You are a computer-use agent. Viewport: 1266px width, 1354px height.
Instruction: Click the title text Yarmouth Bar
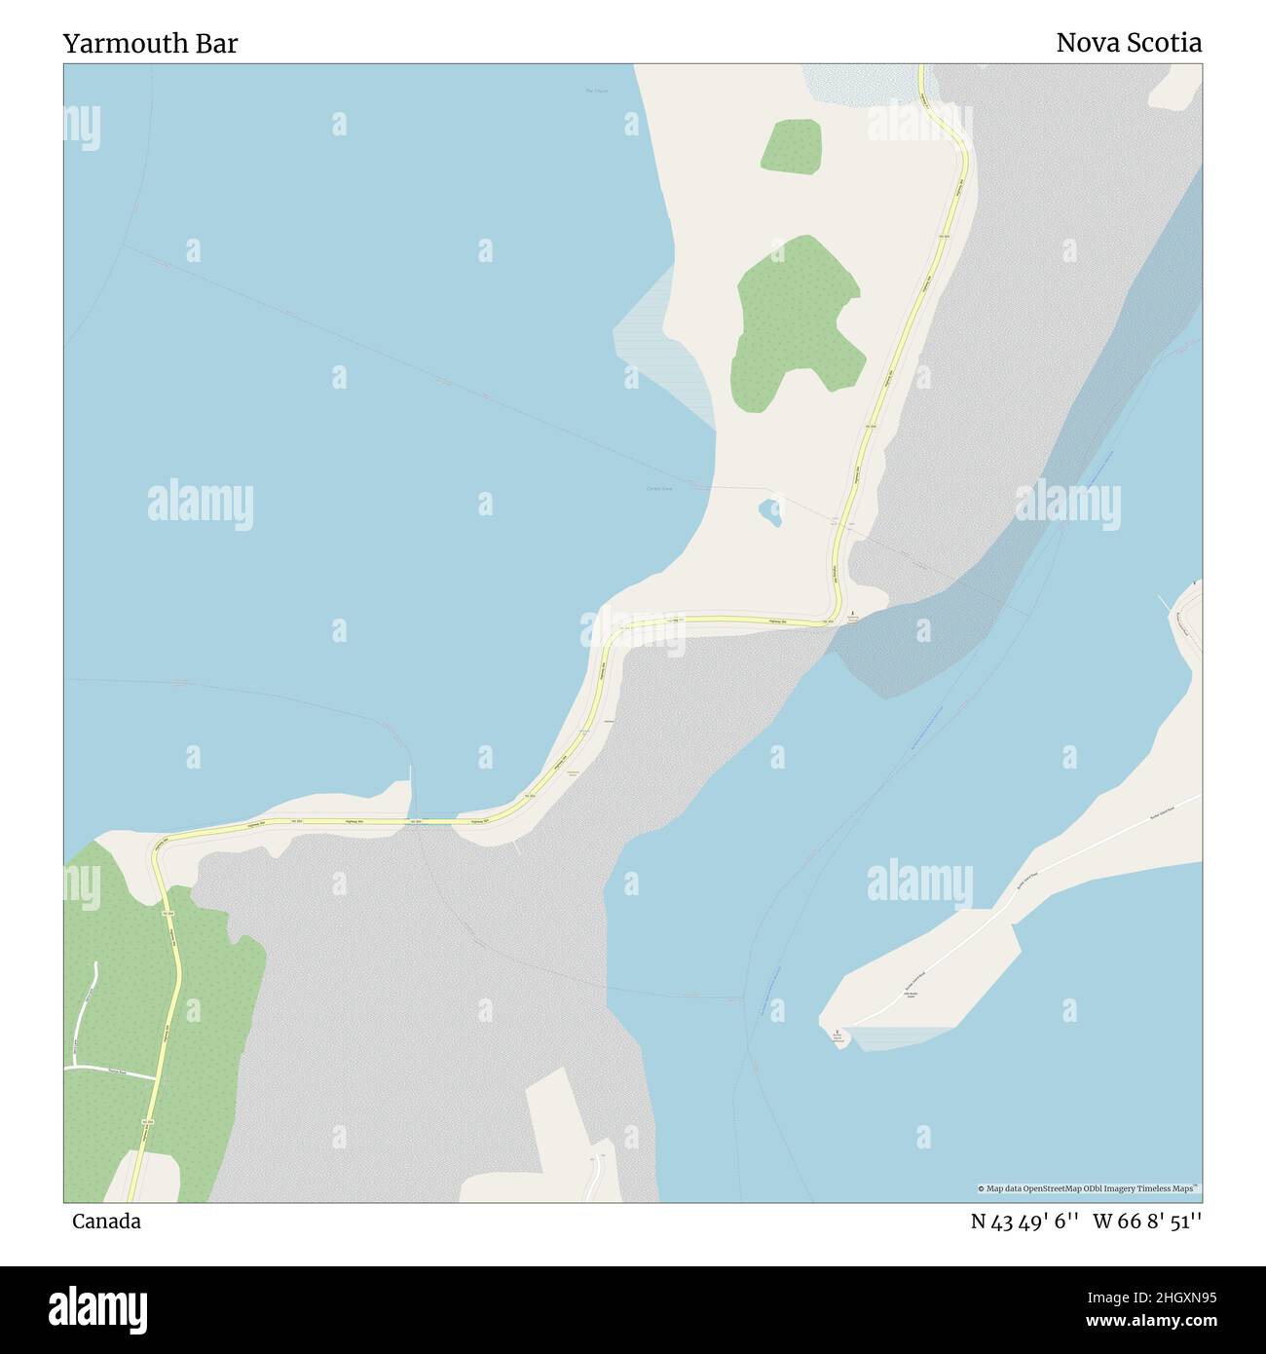pos(150,44)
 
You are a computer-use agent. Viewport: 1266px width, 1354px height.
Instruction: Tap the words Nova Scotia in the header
pos(1129,43)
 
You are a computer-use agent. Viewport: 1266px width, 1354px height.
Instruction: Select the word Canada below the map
pos(105,1222)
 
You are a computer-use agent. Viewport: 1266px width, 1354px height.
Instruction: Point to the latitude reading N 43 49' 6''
pos(1024,1222)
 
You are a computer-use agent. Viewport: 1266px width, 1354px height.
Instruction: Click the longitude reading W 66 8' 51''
pos(1147,1222)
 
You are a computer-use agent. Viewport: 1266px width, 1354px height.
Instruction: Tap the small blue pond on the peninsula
pos(770,510)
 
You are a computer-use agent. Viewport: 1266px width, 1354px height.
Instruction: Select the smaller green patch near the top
pos(791,146)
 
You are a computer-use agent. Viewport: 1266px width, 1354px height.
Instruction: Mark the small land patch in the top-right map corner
pos(1176,87)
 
